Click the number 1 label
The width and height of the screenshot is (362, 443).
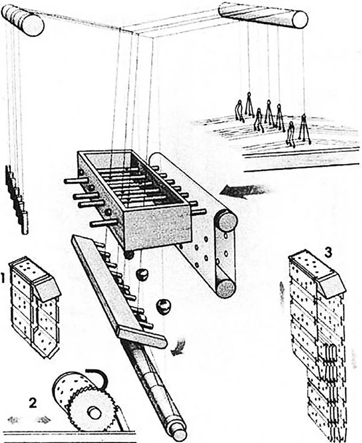[x=3, y=279]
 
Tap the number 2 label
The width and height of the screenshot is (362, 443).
[x=33, y=403]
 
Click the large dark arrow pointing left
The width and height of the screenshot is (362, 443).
[x=243, y=191]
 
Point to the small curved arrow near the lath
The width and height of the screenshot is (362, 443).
[x=179, y=346]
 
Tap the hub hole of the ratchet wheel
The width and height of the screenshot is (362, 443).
[x=94, y=413]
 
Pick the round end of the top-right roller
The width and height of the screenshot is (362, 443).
[x=300, y=19]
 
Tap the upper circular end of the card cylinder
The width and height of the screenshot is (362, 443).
[x=226, y=221]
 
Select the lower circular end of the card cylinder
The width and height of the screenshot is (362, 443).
[x=226, y=288]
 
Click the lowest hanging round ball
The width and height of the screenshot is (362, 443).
[x=164, y=306]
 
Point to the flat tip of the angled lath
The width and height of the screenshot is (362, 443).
[x=143, y=338]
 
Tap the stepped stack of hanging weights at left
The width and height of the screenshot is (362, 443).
[x=17, y=199]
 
